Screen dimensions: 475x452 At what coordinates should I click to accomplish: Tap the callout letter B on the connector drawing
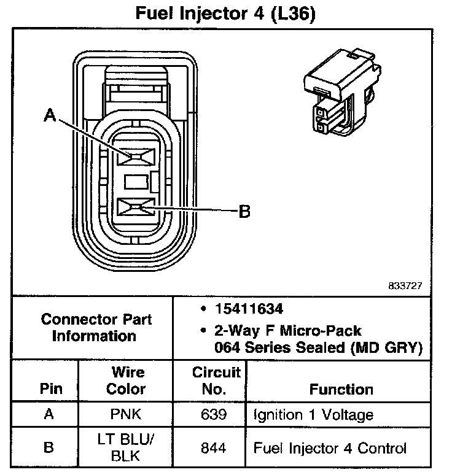[244, 212]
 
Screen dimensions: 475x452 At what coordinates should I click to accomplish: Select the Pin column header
[51, 389]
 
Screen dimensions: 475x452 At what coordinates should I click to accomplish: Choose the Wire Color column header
[126, 380]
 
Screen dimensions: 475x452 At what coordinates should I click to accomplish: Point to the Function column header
[341, 389]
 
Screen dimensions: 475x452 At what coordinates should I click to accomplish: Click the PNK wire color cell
[126, 415]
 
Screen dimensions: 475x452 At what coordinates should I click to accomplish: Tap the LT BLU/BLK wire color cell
[126, 448]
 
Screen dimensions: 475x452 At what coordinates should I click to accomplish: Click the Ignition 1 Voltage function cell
[313, 415]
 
